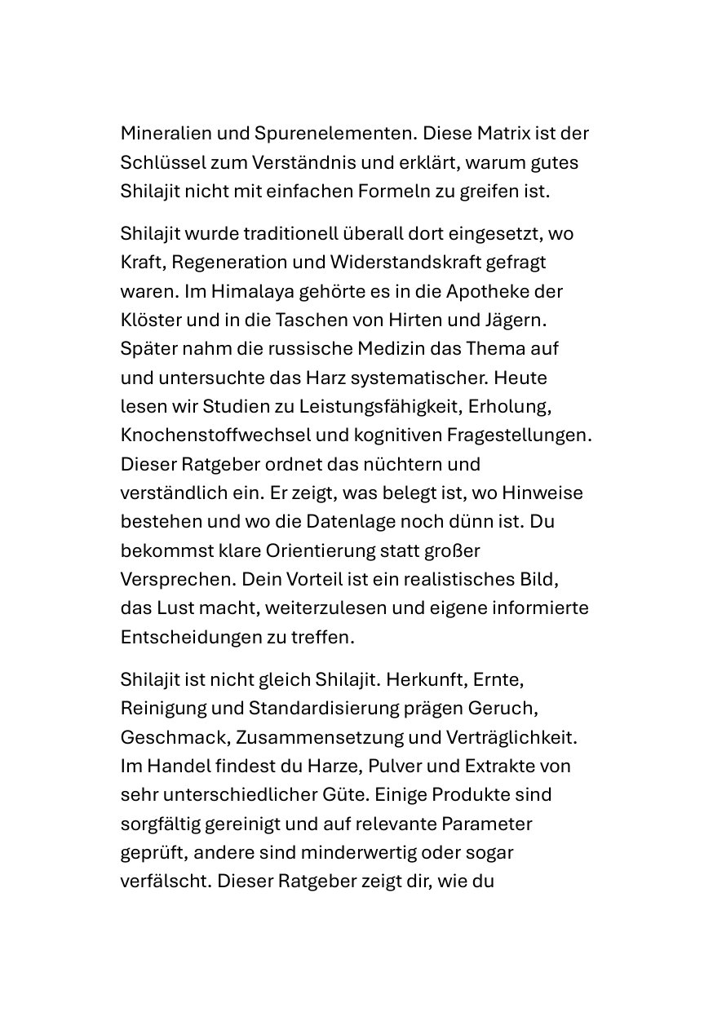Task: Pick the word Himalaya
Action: (242, 291)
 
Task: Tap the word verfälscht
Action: (166, 882)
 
